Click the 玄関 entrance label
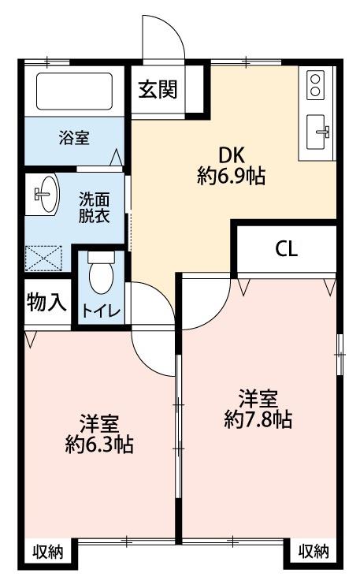[x=158, y=89]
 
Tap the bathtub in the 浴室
[x=74, y=91]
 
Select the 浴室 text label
[x=74, y=138]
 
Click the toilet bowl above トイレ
[x=101, y=273]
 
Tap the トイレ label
[x=101, y=311]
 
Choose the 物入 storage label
[x=46, y=302]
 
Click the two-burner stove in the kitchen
[x=315, y=85]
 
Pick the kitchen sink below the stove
[x=317, y=132]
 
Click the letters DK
[x=232, y=155]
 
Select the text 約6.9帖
[x=231, y=176]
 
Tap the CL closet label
[x=287, y=248]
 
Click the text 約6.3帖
[x=99, y=445]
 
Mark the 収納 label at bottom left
[x=47, y=553]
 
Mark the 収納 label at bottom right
[x=314, y=551]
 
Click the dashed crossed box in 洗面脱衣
[x=43, y=258]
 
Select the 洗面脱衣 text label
[x=94, y=208]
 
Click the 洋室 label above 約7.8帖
[x=258, y=399]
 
